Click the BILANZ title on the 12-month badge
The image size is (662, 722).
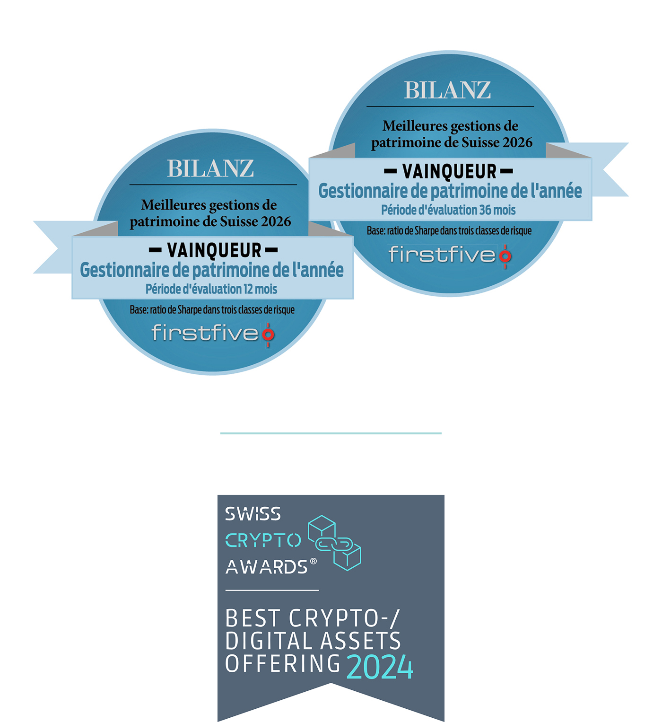pyautogui.click(x=210, y=168)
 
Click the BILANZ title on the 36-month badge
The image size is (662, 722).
pyautogui.click(x=448, y=90)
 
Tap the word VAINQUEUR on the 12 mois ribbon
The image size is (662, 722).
pyautogui.click(x=214, y=250)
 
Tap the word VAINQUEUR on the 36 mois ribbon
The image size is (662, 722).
pyautogui.click(x=449, y=171)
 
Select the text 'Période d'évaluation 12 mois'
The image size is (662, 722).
pyautogui.click(x=211, y=289)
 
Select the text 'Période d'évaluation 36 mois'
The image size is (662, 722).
pyautogui.click(x=448, y=210)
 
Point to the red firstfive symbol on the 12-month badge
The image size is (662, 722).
pyautogui.click(x=268, y=335)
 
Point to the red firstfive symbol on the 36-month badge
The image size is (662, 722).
pyautogui.click(x=505, y=256)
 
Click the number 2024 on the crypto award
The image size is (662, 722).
pyautogui.click(x=380, y=667)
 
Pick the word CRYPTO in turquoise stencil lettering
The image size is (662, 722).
pyautogui.click(x=263, y=540)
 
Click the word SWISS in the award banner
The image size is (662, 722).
pyautogui.click(x=253, y=514)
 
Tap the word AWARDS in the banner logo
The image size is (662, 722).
pyautogui.click(x=266, y=567)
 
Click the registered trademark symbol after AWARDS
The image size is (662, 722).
pyautogui.click(x=314, y=561)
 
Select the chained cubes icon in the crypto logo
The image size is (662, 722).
pyautogui.click(x=334, y=543)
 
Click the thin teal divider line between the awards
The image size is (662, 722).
pyautogui.click(x=331, y=433)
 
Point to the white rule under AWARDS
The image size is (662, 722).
pyautogui.click(x=272, y=590)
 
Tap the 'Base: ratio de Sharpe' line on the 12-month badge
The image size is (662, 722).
pyautogui.click(x=212, y=310)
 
